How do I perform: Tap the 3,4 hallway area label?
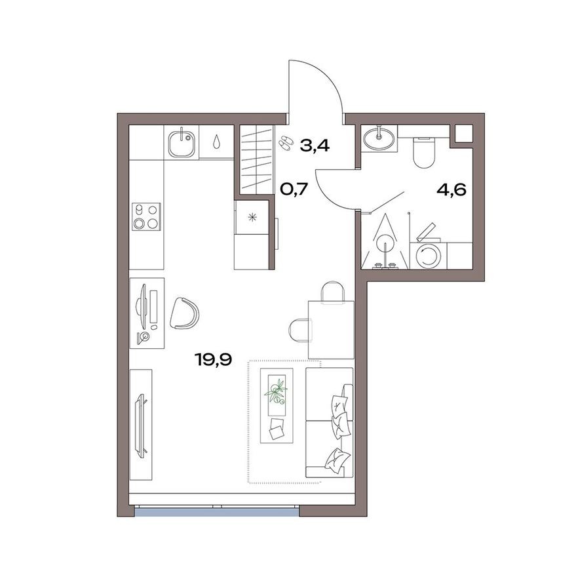(x=314, y=145)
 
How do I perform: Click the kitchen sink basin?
(x=182, y=142)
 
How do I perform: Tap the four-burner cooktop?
(x=146, y=216)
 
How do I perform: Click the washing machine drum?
(x=429, y=256)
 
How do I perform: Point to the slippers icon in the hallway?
(x=286, y=142)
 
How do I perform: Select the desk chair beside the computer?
(x=185, y=313)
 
